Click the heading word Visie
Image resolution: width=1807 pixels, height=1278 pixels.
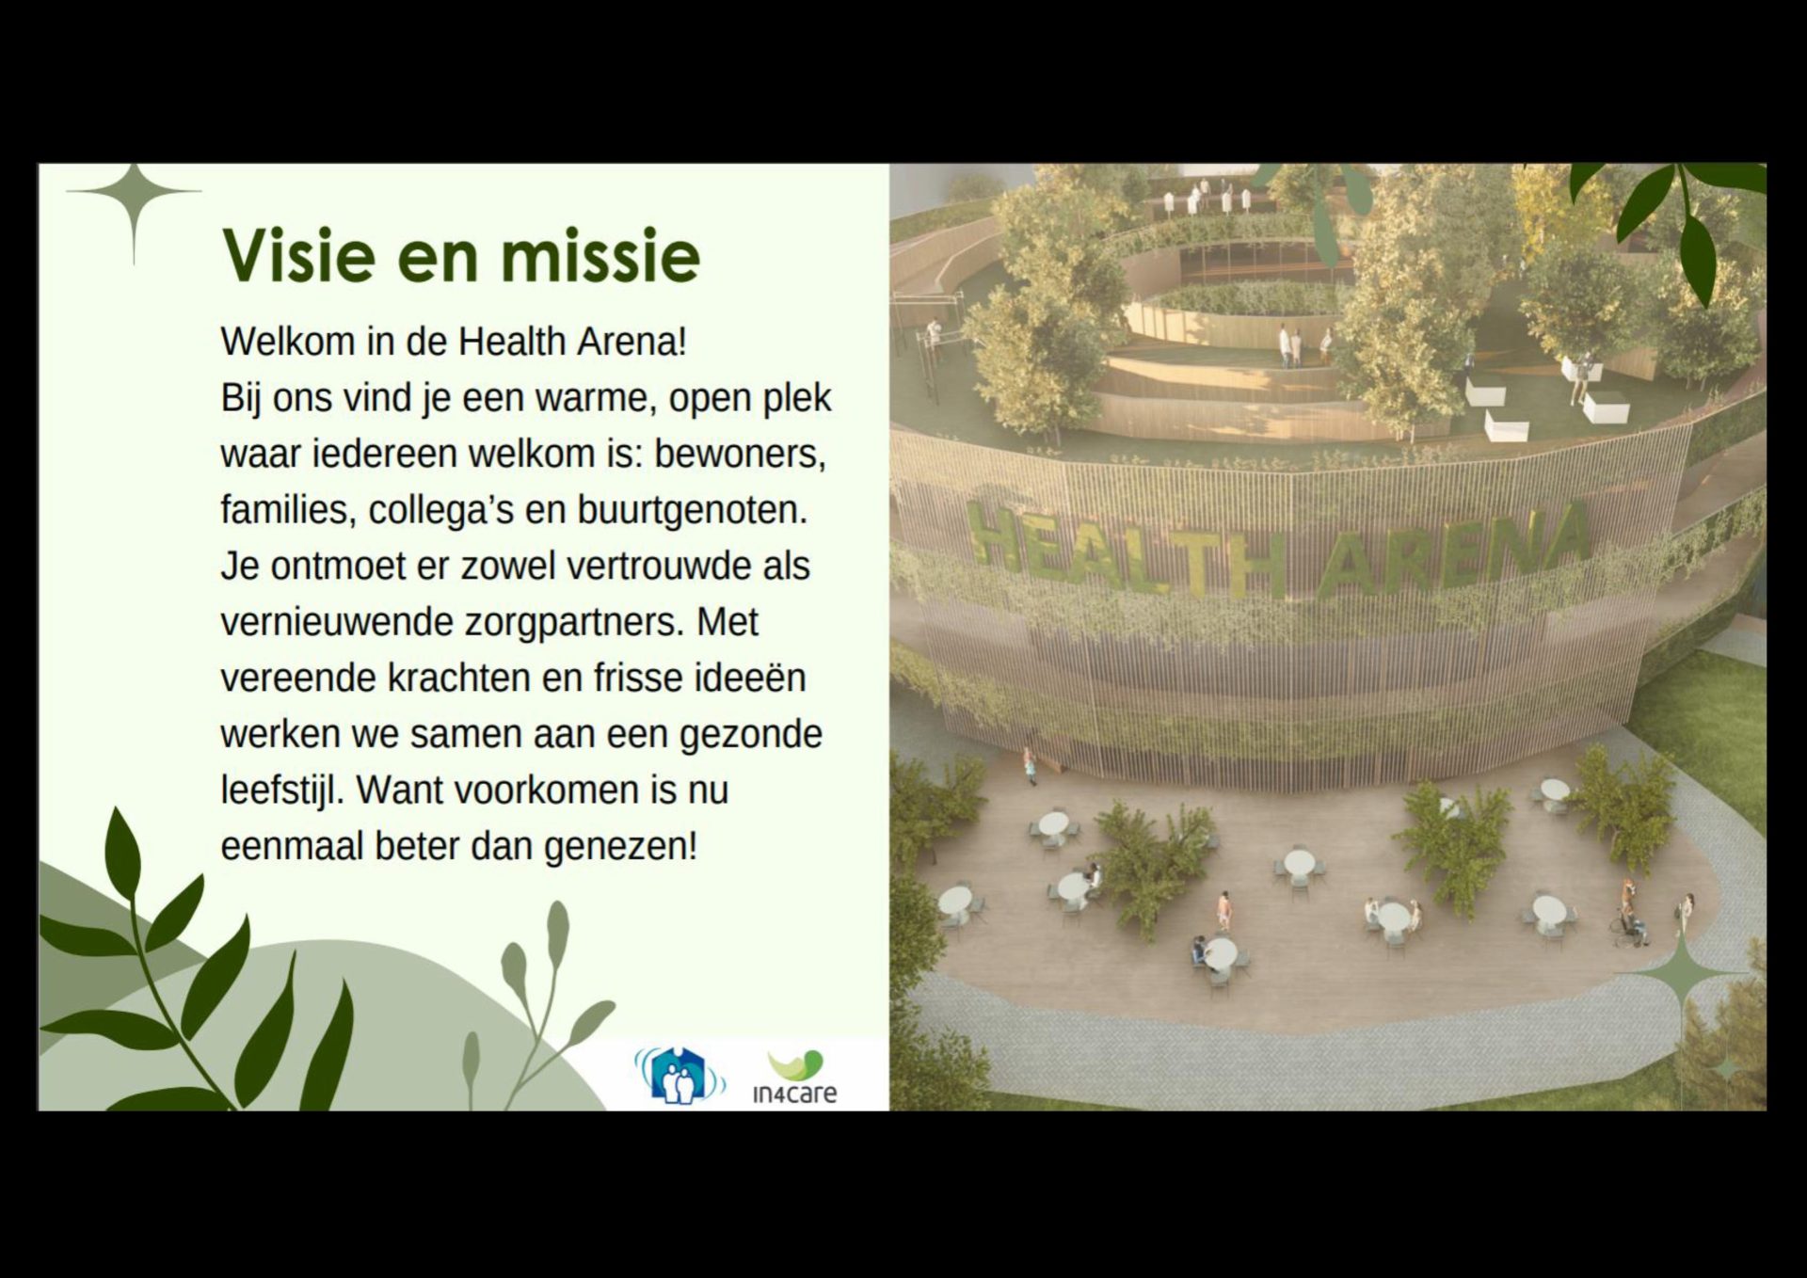(298, 255)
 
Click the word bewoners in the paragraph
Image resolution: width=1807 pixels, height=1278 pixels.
(740, 454)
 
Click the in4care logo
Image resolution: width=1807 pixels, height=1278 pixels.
(795, 1077)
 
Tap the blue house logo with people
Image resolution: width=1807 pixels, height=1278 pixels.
(680, 1076)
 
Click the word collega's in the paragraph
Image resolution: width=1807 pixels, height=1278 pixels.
(440, 511)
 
